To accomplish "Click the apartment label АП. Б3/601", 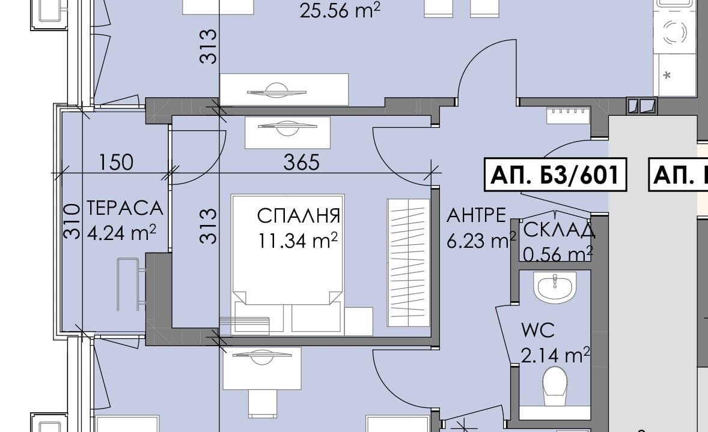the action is [555, 174].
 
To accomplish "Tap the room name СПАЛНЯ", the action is [298, 215].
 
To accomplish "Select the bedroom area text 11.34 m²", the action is [298, 241].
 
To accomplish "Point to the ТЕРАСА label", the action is [124, 208].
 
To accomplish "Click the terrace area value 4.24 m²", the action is [121, 233].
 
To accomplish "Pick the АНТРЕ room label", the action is [476, 215].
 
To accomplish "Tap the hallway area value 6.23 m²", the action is [481, 241].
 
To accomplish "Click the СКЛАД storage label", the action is [559, 230].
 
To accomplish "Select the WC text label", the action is [538, 331].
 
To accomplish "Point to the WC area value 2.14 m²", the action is [555, 355].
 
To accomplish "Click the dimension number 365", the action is [301, 162].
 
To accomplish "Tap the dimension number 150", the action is [115, 162].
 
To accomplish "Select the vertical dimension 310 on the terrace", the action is [72, 221].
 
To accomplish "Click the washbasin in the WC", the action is [555, 287].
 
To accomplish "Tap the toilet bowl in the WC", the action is [555, 386].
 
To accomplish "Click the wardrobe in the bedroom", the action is [409, 262].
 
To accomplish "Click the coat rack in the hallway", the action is [568, 115].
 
